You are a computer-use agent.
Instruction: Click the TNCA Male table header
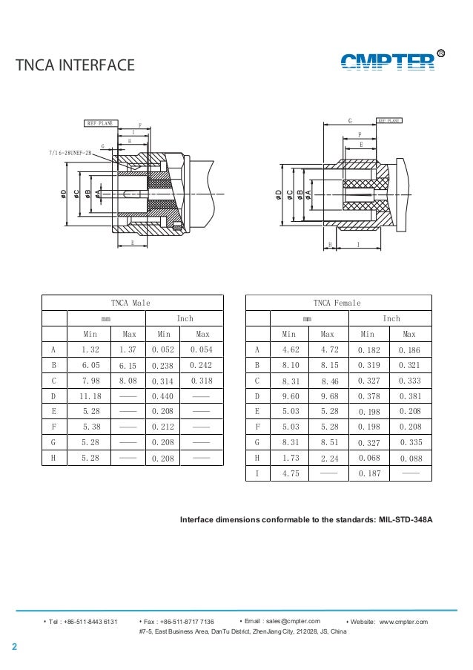pos(130,303)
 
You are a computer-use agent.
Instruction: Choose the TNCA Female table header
pos(337,303)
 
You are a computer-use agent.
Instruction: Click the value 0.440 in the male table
pos(162,396)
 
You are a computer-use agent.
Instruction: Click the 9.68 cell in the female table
pos(331,396)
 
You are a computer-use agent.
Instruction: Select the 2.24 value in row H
pos(331,459)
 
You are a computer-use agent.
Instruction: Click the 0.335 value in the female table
pos(410,443)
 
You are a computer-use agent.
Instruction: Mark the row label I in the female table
pos(257,474)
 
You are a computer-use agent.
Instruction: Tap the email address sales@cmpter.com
pos(282,621)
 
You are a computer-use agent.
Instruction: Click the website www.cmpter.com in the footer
pos(403,621)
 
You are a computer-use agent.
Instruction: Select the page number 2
pos(13,648)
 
